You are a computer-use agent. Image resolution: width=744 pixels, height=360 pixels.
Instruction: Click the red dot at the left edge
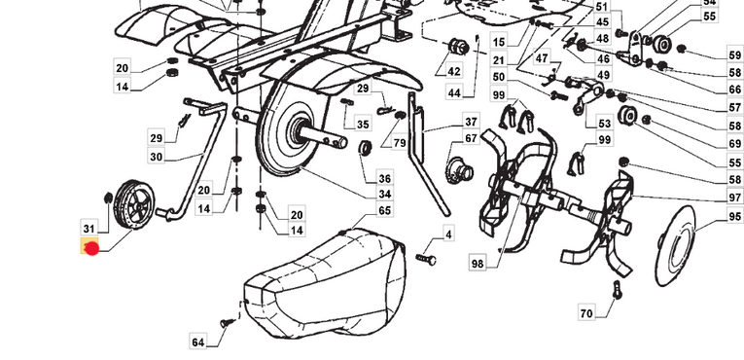coord(91,248)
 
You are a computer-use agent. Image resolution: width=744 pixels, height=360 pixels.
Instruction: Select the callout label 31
coord(89,229)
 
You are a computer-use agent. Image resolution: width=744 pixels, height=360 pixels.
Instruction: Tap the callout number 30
coord(157,156)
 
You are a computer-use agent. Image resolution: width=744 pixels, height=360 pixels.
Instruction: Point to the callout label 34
coord(385,194)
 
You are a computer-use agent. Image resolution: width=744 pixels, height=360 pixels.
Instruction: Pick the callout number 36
coord(385,178)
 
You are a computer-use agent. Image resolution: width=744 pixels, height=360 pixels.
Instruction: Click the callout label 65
coord(385,210)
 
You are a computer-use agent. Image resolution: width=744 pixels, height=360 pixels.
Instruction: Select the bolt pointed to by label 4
coord(426,259)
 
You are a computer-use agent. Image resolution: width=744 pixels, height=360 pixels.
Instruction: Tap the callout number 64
coord(198,342)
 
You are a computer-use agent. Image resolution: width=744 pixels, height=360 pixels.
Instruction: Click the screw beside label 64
coord(228,323)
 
